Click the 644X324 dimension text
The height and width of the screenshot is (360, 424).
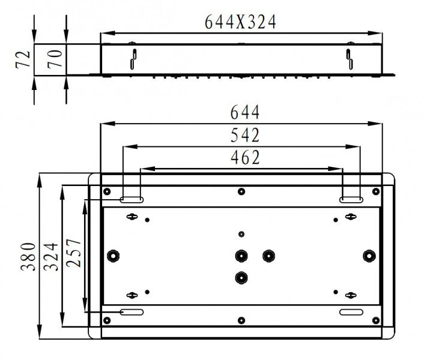click(240, 22)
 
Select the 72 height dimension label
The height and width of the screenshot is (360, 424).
click(22, 60)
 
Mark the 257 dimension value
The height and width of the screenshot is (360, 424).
click(73, 256)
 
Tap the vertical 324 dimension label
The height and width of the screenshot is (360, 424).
click(51, 256)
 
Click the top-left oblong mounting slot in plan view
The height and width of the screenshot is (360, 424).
click(132, 199)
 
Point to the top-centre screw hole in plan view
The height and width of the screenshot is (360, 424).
click(241, 192)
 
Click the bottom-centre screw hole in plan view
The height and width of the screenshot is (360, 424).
click(241, 320)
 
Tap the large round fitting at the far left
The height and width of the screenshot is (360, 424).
click(112, 256)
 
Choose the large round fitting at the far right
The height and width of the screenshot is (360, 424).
click(368, 256)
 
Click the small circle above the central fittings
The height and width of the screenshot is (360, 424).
click(241, 233)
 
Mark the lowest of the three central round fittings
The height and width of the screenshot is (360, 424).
click(241, 277)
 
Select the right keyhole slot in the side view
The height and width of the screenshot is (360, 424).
click(349, 59)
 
